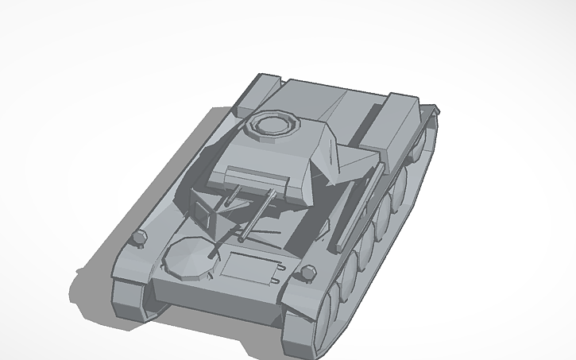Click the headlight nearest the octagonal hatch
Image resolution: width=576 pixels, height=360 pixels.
coord(139,238)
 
